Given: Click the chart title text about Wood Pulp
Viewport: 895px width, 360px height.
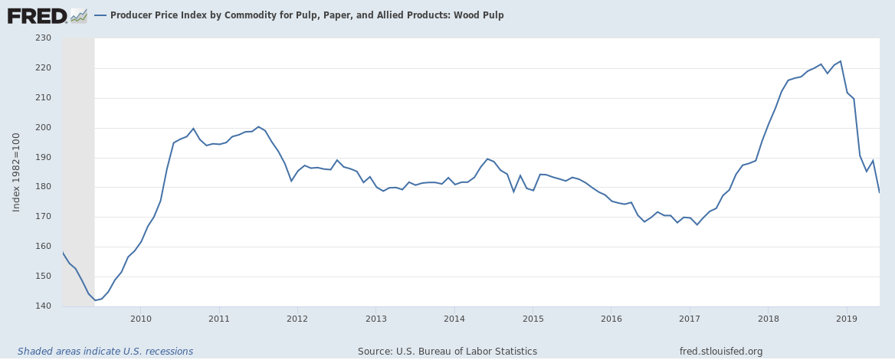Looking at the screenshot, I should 307,15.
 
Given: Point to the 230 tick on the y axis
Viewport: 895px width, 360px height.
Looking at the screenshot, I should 42,38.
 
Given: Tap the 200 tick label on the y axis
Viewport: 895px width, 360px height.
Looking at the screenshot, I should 42,127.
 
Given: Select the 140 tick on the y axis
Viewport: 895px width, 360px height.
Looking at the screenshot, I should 42,306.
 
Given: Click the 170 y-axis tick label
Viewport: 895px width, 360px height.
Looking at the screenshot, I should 42,217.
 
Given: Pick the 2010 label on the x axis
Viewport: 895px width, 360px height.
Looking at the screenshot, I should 140,318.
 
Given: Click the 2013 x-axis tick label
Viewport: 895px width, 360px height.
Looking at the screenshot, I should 375,318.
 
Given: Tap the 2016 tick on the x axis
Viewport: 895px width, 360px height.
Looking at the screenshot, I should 611,318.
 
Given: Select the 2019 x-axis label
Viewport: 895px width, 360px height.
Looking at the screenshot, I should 847,318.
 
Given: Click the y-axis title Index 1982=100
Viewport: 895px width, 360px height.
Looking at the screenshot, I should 17,172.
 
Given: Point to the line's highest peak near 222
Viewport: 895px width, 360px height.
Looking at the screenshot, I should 841,61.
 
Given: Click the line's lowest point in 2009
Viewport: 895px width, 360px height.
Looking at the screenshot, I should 95,300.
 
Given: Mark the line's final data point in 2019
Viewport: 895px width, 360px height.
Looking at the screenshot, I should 879,191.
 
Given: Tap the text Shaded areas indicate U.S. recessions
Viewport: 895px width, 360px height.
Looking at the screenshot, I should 105,352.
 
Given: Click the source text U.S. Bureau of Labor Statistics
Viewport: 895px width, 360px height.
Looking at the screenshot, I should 447,352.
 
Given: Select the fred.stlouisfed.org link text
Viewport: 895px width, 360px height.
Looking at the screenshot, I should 721,352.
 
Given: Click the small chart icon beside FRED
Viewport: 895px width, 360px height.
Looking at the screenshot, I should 78,15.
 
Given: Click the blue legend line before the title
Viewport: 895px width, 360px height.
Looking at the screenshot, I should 100,15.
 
